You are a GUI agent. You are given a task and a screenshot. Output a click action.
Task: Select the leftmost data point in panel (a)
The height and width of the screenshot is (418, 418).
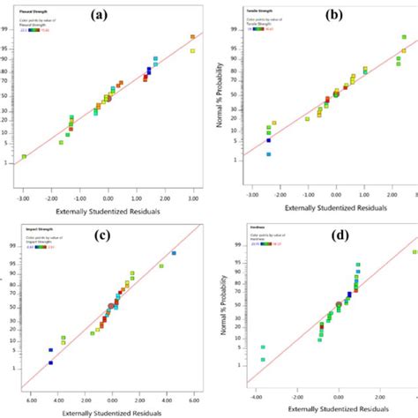point(24,156)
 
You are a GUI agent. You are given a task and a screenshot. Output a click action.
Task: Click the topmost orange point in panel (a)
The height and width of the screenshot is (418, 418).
point(192,37)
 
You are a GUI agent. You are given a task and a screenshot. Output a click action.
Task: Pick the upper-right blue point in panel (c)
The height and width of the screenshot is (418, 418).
point(174,254)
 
